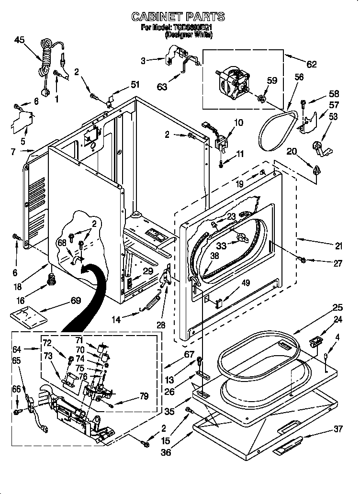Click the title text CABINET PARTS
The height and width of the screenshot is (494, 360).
click(x=178, y=17)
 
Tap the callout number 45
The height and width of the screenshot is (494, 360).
click(x=20, y=40)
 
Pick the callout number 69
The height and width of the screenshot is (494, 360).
click(x=75, y=301)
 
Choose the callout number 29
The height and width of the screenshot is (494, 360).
click(x=148, y=271)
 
